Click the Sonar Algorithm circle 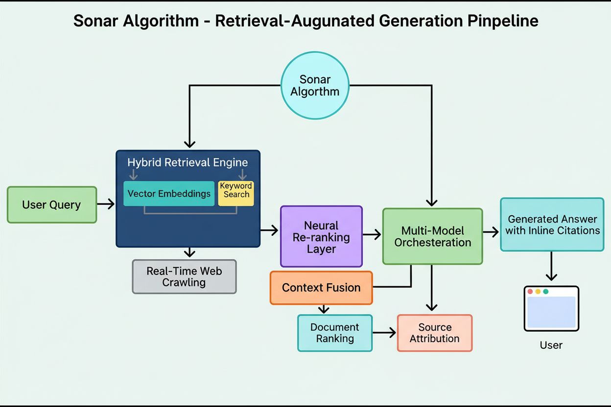(x=315, y=86)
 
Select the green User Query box (x=52, y=204)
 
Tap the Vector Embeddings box (x=169, y=193)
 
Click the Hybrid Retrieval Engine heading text (x=188, y=162)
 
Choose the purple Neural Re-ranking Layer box (x=321, y=237)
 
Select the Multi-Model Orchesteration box (x=432, y=236)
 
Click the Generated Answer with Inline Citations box (x=552, y=225)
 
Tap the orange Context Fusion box (x=321, y=288)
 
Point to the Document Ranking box (x=335, y=333)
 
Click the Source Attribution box (x=434, y=333)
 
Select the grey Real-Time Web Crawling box (x=184, y=276)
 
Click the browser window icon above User (x=551, y=309)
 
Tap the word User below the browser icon (x=551, y=345)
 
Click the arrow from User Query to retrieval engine (x=106, y=204)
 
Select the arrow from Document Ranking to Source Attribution (x=384, y=333)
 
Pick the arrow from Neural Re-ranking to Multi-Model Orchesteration (x=372, y=235)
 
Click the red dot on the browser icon (x=530, y=292)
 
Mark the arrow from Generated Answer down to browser (x=551, y=267)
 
